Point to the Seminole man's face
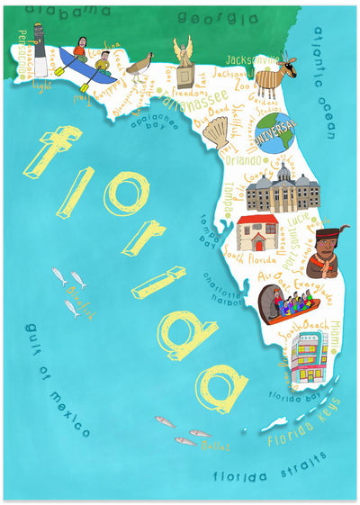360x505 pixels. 324,242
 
